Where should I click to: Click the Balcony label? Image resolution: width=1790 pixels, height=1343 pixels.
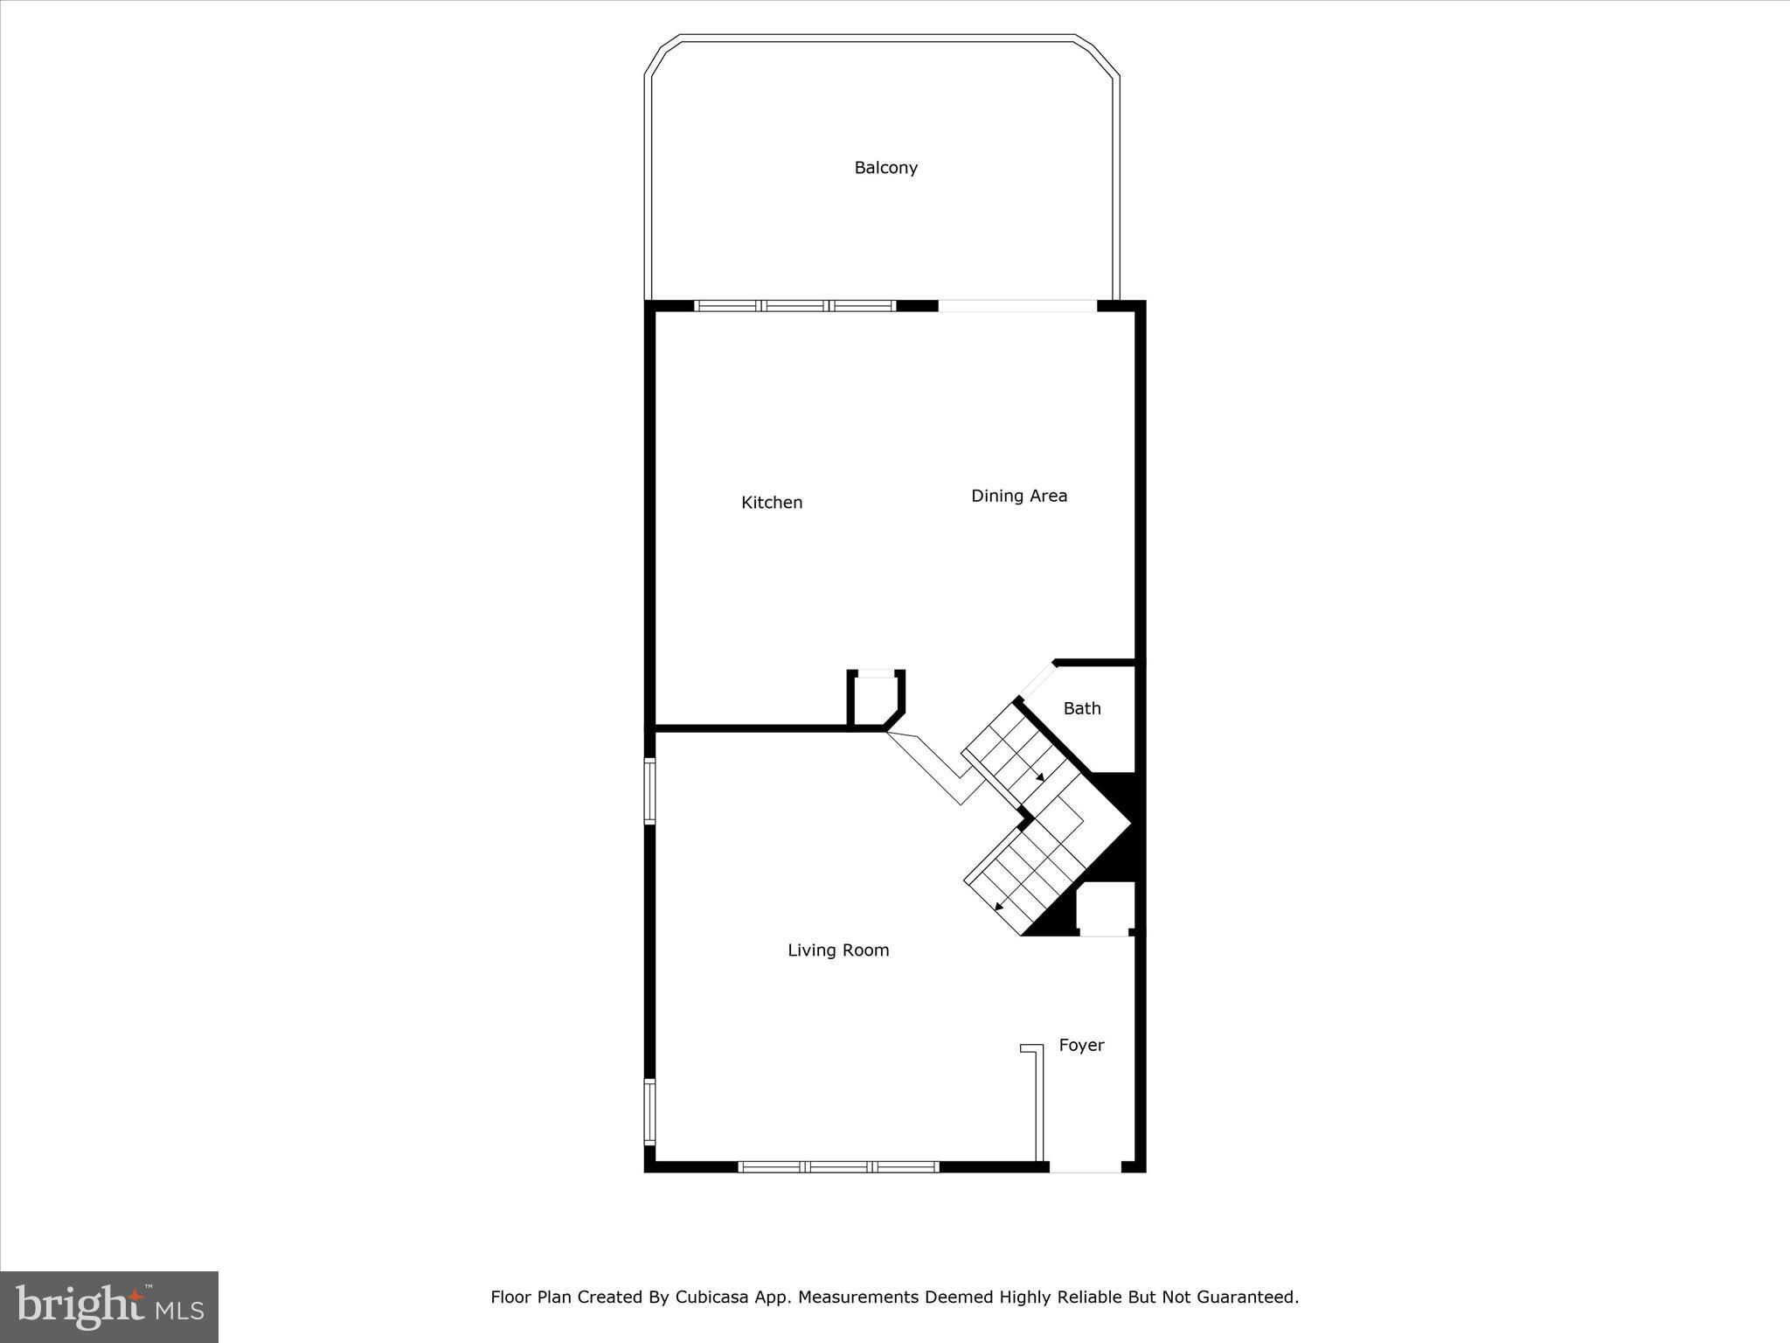pos(885,168)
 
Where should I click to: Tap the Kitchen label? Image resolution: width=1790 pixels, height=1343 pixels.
pos(772,503)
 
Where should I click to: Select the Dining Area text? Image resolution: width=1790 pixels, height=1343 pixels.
pos(1019,496)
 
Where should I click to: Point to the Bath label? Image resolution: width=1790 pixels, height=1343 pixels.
pos(1082,709)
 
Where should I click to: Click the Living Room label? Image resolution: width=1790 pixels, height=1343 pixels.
pos(838,950)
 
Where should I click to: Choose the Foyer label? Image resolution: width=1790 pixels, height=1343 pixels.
pos(1081,1045)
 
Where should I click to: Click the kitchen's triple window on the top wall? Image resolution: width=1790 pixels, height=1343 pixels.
pos(794,306)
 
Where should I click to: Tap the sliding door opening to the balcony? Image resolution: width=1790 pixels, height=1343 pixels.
pos(1017,306)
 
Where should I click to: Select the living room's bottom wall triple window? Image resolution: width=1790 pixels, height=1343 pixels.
pos(838,1166)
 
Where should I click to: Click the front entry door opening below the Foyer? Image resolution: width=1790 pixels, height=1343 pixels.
pos(1085,1166)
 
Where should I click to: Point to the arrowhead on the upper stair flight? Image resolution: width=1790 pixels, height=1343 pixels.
pos(1039,776)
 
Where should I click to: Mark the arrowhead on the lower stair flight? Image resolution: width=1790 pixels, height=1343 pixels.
pos(1000,906)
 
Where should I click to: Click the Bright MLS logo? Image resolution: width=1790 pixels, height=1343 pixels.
pos(109,1306)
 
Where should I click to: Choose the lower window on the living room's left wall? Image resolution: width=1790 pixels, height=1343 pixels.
pos(650,1111)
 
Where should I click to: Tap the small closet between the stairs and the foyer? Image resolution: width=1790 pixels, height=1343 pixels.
pos(1105,908)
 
